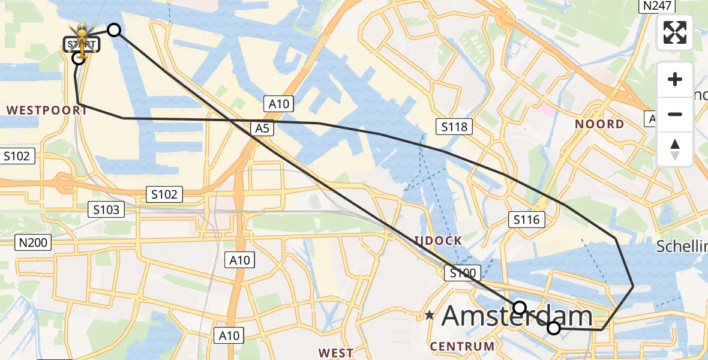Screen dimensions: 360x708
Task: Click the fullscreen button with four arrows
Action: coord(675,32)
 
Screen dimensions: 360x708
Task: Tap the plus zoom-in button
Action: coord(675,80)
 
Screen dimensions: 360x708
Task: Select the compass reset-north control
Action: coord(675,149)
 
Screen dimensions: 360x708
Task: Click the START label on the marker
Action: coord(80,44)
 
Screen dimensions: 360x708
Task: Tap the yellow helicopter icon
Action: coord(81,31)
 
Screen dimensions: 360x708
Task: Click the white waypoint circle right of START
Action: coord(113,29)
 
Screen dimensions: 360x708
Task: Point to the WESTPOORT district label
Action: coord(47,110)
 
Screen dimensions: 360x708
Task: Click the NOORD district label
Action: coord(599,124)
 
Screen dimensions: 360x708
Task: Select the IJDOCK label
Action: coord(437,241)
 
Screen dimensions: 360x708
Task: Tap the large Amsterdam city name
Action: coord(517,316)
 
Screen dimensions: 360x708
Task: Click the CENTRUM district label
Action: coord(462,346)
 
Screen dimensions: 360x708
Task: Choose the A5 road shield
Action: coord(260,127)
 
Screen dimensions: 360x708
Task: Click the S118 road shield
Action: coord(454,127)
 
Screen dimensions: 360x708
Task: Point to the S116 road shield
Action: coord(526,220)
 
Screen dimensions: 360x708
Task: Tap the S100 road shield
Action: coord(462,274)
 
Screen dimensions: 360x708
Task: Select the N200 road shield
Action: coord(34,242)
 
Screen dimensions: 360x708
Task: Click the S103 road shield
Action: coord(106,209)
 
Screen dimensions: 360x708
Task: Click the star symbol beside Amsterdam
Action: coord(430,314)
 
